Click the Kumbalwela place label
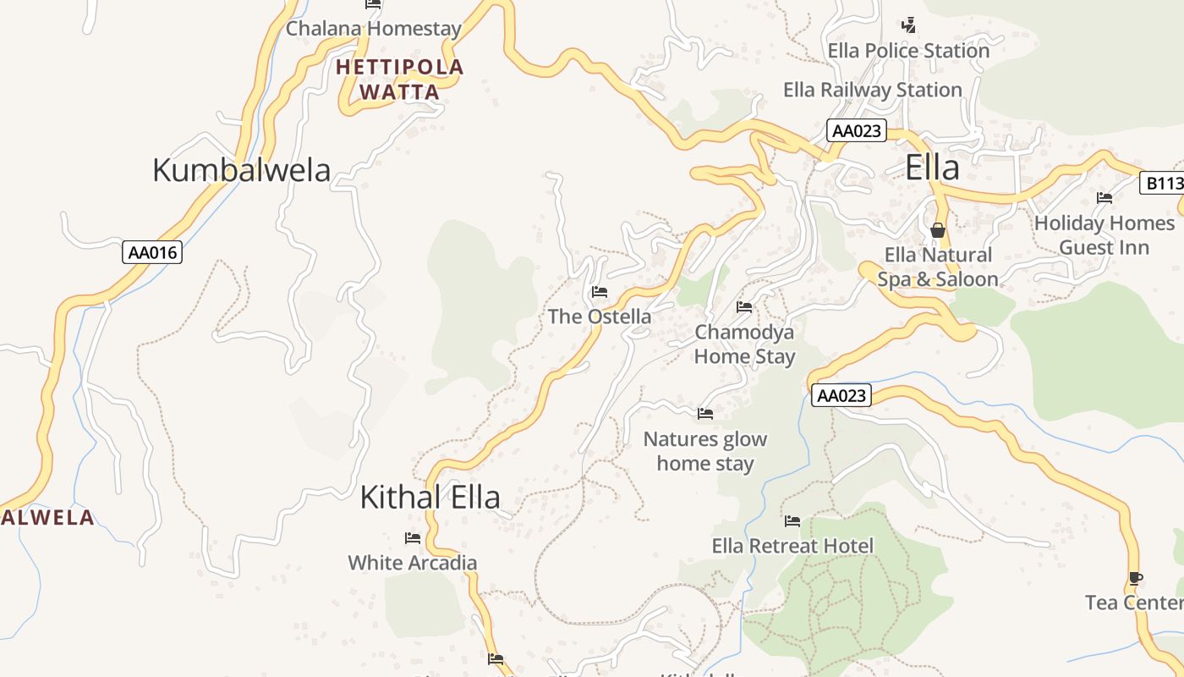click(x=241, y=170)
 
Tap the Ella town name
click(x=932, y=168)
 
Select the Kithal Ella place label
click(x=430, y=497)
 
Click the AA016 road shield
click(x=152, y=252)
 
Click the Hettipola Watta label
click(x=400, y=80)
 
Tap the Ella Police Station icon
click(x=908, y=25)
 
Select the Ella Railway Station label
click(x=873, y=90)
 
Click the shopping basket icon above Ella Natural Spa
click(x=937, y=230)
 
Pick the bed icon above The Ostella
click(x=600, y=292)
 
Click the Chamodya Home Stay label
click(x=744, y=344)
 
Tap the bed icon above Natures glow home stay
click(x=705, y=414)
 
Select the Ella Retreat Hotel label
click(x=792, y=546)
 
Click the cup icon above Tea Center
click(x=1136, y=579)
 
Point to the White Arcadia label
click(x=413, y=563)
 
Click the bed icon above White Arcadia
click(x=413, y=538)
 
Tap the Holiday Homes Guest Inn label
click(x=1105, y=235)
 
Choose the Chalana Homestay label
click(x=374, y=29)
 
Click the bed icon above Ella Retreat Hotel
click(x=792, y=521)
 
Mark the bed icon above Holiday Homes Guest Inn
click(x=1105, y=198)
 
